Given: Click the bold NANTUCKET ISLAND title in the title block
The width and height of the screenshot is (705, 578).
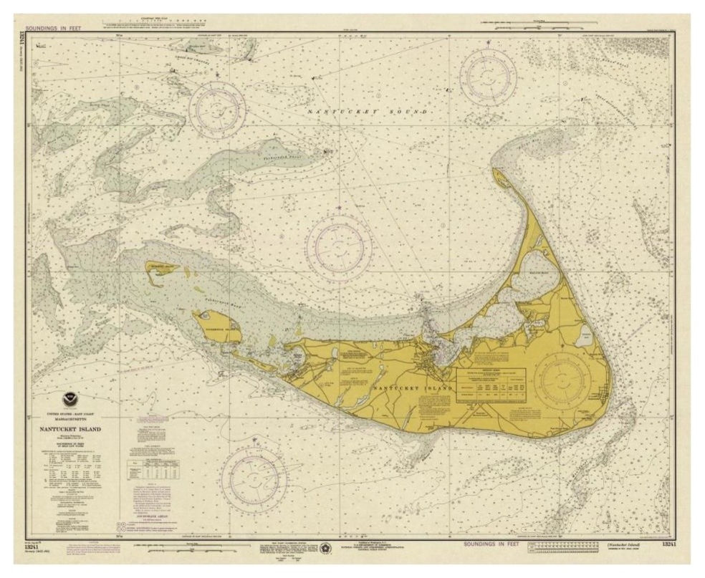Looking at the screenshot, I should coord(65,429).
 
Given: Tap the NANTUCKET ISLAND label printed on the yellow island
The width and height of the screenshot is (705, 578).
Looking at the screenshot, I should coord(413,387).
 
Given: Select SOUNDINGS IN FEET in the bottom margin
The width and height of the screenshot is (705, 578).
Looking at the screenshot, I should coord(493,544).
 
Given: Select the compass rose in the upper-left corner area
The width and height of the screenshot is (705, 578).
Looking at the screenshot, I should coord(217,109).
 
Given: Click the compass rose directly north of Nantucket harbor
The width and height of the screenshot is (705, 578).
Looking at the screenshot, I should coord(339,248).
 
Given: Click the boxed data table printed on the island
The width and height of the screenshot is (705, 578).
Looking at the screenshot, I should coord(491,387).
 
